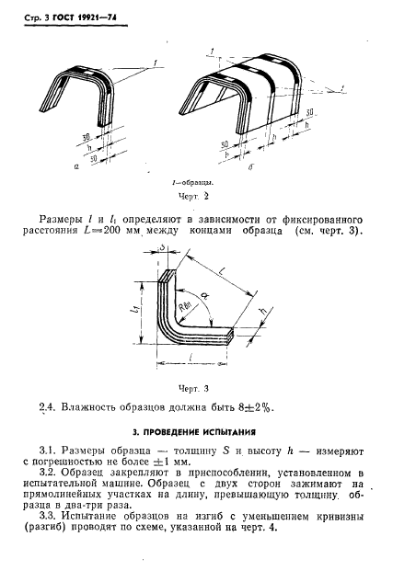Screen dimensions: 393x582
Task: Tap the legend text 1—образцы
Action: point(197,182)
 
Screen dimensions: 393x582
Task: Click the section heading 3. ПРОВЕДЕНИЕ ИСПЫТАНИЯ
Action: point(197,431)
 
